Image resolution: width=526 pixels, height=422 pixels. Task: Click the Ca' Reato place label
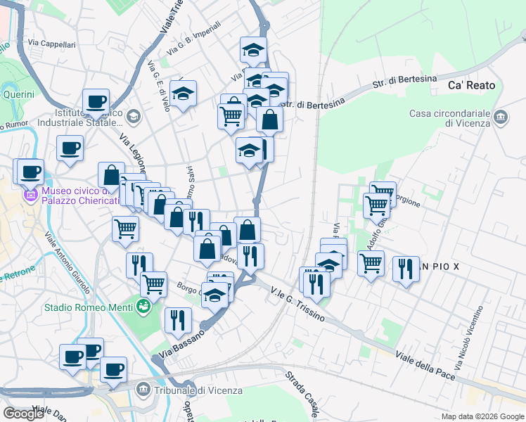471,85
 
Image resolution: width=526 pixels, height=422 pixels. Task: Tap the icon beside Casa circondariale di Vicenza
501,115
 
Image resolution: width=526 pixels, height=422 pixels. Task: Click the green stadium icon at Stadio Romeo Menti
143,307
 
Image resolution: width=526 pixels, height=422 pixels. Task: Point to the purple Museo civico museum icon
31,194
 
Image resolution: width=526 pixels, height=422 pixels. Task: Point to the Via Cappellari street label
52,44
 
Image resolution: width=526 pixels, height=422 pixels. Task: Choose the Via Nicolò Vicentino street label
470,338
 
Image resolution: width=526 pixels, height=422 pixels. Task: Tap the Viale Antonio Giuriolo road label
67,263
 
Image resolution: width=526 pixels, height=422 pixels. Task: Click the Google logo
23,414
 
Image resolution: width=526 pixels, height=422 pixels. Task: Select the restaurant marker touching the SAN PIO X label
406,269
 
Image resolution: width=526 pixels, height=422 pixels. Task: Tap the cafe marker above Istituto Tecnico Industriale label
96,101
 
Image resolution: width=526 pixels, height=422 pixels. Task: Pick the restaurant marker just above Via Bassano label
178,320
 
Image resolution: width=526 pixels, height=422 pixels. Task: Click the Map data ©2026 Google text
482,416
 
